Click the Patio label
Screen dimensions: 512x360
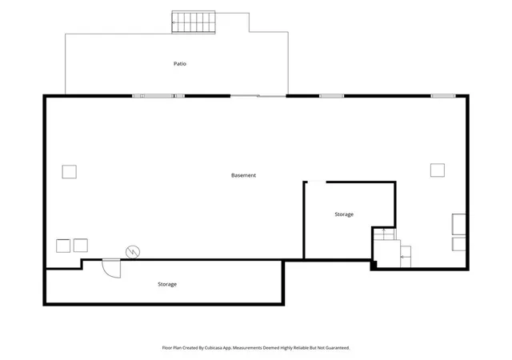(180, 64)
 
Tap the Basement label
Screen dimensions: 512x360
(243, 175)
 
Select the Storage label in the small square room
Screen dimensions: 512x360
(344, 214)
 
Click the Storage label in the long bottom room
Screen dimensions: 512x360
(167, 284)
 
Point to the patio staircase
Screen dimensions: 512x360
(194, 22)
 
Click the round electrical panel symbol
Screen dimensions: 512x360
(133, 252)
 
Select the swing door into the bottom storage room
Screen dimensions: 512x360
(111, 268)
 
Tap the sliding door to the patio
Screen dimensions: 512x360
(258, 96)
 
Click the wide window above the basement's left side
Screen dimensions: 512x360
(158, 96)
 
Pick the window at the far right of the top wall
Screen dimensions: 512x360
(443, 96)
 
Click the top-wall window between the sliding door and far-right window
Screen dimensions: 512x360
(331, 96)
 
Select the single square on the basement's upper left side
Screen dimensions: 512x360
(70, 172)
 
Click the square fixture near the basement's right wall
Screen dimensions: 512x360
(438, 170)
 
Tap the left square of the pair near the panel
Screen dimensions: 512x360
(63, 246)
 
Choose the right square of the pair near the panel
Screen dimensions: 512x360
(80, 246)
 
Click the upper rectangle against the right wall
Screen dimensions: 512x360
(458, 224)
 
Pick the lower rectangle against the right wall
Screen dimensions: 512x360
(458, 244)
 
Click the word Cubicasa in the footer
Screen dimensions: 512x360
(214, 348)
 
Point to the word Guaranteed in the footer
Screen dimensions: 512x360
(338, 348)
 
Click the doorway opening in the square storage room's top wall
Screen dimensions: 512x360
(317, 182)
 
